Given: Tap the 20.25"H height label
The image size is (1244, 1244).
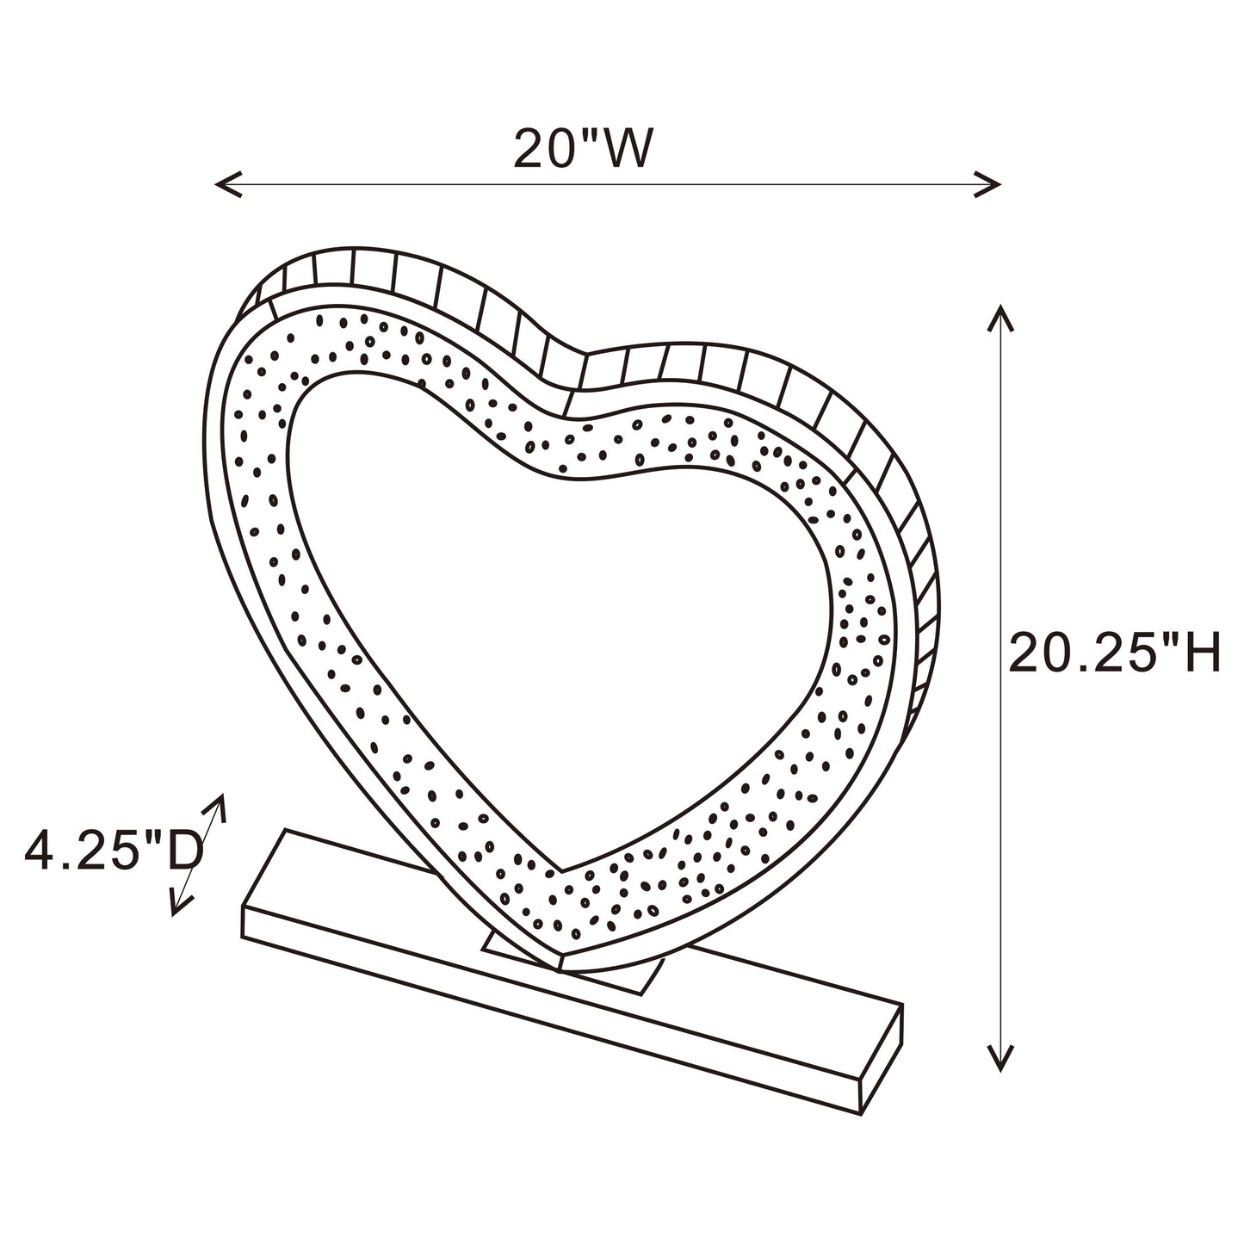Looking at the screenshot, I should [1114, 654].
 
